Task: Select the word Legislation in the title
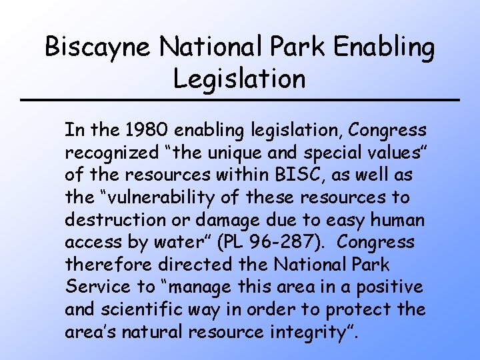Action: click(x=239, y=78)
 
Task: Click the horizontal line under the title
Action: click(x=240, y=100)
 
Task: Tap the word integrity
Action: click(x=313, y=332)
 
